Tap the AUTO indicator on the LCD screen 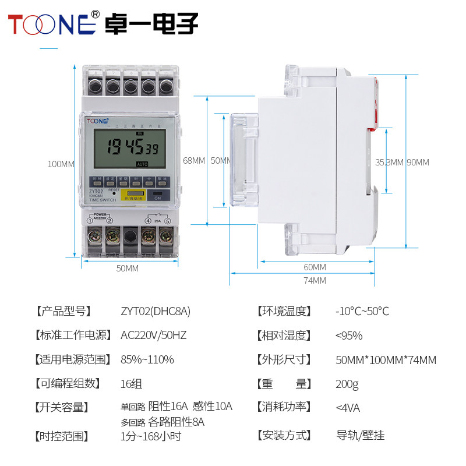click(142, 164)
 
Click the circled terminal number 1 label click(91, 221)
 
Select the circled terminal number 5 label click(168, 221)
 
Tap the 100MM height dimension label click(61, 164)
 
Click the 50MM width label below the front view click(128, 268)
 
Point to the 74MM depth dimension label click(315, 281)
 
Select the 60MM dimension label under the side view click(315, 267)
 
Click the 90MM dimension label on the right click(418, 162)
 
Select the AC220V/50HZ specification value click(153, 336)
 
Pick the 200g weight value click(347, 384)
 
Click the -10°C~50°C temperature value click(362, 311)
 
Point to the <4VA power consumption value click(348, 407)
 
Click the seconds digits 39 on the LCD click(152, 148)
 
